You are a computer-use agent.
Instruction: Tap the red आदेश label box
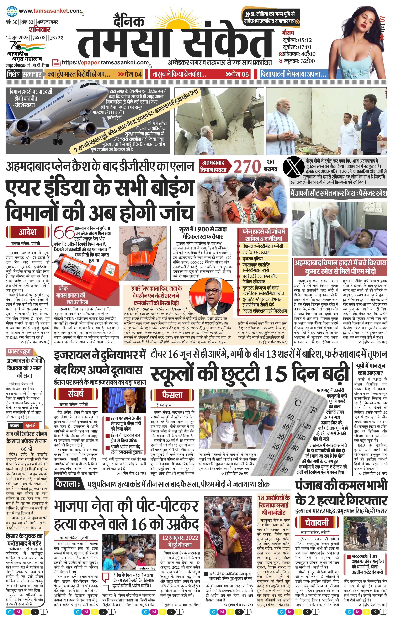click(27, 232)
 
